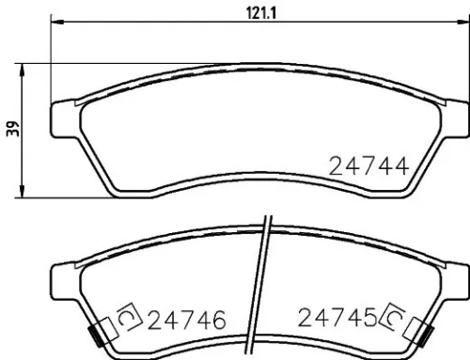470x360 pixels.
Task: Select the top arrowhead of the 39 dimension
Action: pos(24,66)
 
